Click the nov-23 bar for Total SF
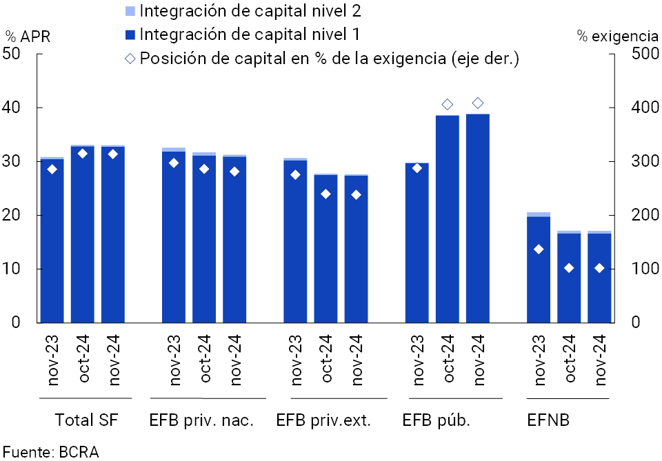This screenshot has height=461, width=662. point(52,241)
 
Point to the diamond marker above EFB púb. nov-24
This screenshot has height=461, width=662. point(478,103)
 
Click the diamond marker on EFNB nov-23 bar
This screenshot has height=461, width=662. point(539,249)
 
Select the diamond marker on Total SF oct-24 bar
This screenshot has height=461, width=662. point(83,154)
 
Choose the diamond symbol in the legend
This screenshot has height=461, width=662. point(130,58)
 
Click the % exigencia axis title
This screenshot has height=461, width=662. point(617,37)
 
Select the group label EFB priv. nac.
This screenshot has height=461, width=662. point(201,420)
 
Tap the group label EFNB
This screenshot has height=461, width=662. point(548,420)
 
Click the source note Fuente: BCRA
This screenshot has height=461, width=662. point(50,452)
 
